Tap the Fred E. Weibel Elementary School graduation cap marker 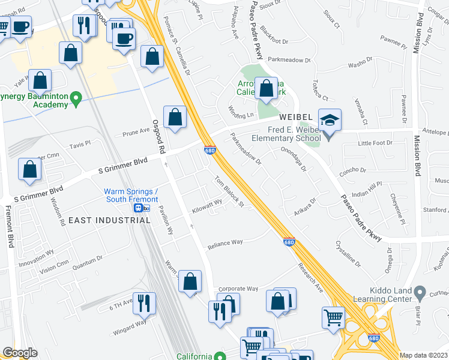click(x=330, y=121)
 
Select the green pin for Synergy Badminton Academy click(x=76, y=98)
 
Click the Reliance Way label click(x=225, y=242)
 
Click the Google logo click(x=20, y=353)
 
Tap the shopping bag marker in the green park click(x=266, y=89)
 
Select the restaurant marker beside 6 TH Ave click(x=144, y=304)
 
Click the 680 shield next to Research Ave click(x=289, y=242)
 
